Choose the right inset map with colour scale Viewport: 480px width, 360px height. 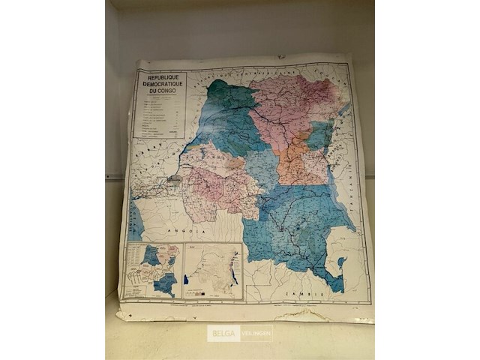[214, 271]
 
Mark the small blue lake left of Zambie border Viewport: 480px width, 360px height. [340, 263]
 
